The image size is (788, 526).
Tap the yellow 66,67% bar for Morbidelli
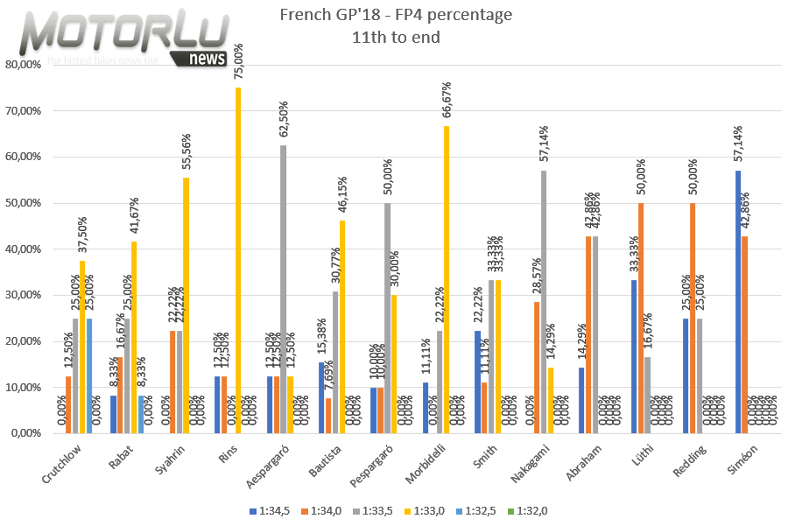(x=447, y=279)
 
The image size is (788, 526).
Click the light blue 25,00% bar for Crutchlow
(x=90, y=375)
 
